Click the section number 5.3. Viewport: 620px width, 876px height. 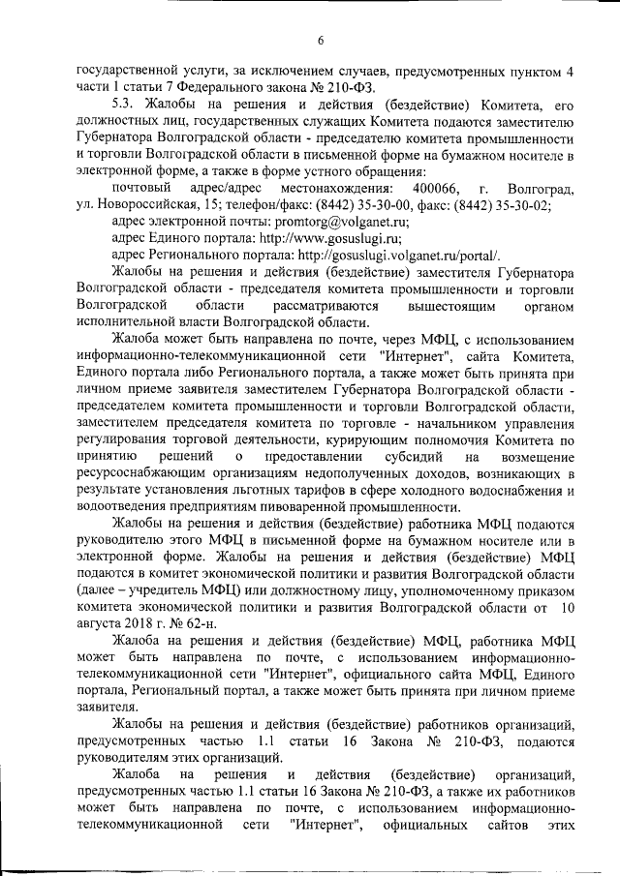click(x=127, y=104)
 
